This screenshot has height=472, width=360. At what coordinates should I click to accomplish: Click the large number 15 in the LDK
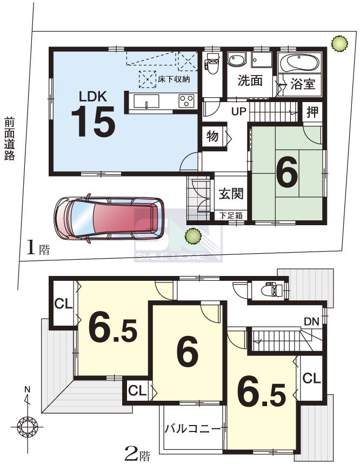pyautogui.click(x=94, y=122)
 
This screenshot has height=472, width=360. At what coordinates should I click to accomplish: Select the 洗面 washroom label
pyautogui.click(x=250, y=80)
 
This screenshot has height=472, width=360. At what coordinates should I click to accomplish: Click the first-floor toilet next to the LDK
pyautogui.click(x=211, y=64)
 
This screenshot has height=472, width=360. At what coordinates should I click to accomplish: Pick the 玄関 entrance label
pyautogui.click(x=231, y=193)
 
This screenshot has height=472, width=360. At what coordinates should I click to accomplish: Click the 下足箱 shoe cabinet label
pyautogui.click(x=231, y=215)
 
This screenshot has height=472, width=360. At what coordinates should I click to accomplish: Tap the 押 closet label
pyautogui.click(x=312, y=112)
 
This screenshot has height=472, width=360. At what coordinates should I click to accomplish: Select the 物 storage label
pyautogui.click(x=212, y=136)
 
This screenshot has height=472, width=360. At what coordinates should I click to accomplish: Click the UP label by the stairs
pyautogui.click(x=239, y=112)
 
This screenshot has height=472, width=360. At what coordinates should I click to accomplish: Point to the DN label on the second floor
pyautogui.click(x=311, y=322)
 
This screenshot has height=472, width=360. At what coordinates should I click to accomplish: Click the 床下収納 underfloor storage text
pyautogui.click(x=174, y=79)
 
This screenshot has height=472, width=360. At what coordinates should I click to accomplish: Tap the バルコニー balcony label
pyautogui.click(x=192, y=428)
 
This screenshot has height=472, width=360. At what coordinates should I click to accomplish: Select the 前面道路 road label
pyautogui.click(x=10, y=138)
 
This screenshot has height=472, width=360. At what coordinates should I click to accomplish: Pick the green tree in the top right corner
pyautogui.click(x=339, y=44)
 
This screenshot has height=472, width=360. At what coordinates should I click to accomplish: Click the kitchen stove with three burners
pyautogui.click(x=186, y=100)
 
